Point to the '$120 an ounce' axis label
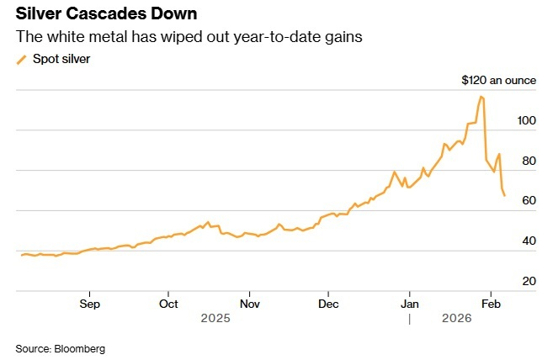coord(498,81)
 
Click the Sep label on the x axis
coord(90,303)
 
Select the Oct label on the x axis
coord(169,303)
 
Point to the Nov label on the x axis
coord(249,303)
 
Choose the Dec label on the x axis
coord(328,303)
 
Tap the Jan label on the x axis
coord(409,303)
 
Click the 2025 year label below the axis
coord(215,319)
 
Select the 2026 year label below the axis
coord(457,319)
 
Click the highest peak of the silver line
coord(481,97)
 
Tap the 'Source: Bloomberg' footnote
coord(60,348)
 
